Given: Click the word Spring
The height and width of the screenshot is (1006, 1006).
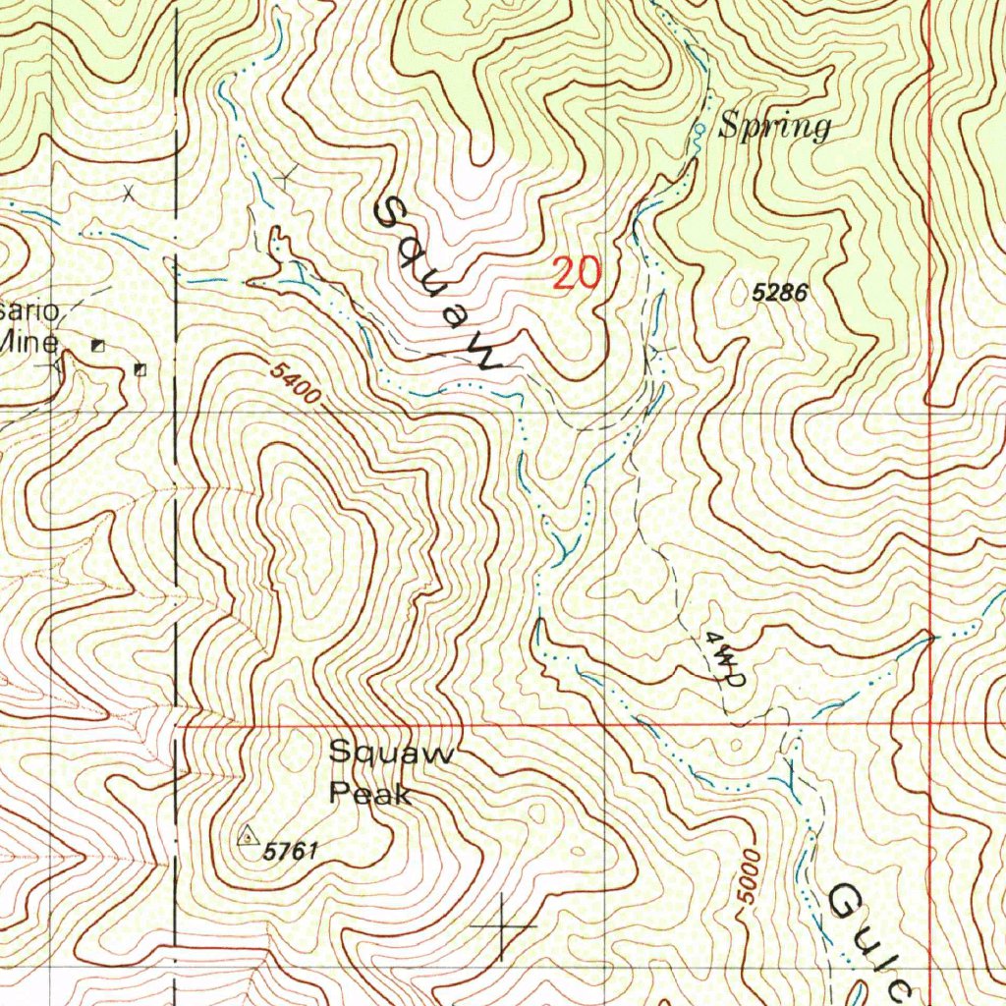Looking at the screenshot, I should coord(775,128).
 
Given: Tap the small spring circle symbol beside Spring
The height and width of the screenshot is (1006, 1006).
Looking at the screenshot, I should coord(699,130).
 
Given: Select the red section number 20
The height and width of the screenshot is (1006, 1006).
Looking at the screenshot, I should coord(576,273).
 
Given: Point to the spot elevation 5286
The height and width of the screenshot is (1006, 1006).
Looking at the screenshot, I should coord(780,292).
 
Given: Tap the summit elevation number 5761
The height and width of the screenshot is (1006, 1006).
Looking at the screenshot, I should coord(291,851).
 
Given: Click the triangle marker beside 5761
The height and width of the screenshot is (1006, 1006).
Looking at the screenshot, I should coord(247,836).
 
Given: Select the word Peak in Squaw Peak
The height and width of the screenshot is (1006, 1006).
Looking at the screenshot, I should coord(370,792).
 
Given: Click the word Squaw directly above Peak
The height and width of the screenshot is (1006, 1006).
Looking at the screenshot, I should coord(391,754).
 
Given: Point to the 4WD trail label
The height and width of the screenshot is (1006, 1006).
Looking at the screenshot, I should coord(727,657).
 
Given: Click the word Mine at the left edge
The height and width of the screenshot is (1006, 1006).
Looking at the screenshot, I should coord(31,342).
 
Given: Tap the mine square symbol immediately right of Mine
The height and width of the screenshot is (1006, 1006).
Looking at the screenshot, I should coord(97,345).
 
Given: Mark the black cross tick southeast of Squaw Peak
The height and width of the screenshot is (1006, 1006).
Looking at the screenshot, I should coord(503,925).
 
